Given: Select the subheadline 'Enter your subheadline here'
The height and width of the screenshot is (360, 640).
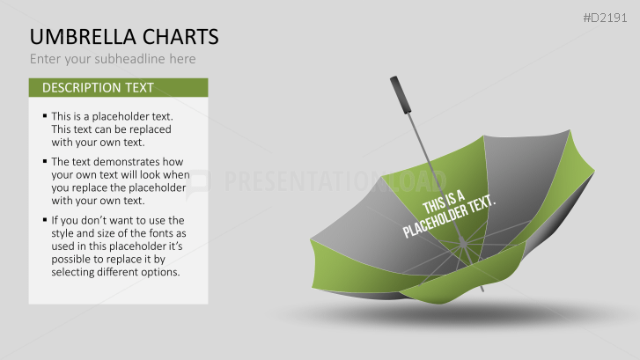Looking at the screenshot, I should [113, 59].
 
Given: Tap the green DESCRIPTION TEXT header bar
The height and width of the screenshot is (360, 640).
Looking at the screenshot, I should [118, 87].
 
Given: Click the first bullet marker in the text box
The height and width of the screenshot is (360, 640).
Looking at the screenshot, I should [44, 116].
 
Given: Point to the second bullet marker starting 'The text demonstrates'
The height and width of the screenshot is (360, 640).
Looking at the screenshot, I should [44, 162].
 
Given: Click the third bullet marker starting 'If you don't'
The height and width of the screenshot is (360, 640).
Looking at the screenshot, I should [44, 220].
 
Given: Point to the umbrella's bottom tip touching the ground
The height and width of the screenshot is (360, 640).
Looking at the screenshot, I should [482, 290].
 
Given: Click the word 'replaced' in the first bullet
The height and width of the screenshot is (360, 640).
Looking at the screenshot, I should [147, 129].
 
